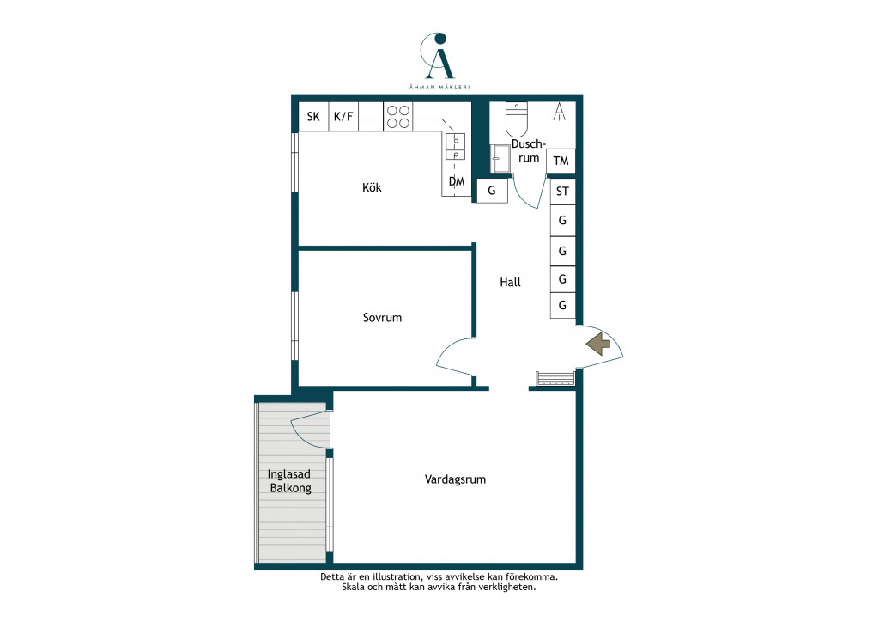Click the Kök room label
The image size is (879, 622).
pyautogui.click(x=372, y=187)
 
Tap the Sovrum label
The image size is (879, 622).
pyautogui.click(x=382, y=318)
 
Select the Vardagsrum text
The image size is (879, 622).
pyautogui.click(x=455, y=479)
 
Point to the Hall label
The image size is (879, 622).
pyautogui.click(x=510, y=282)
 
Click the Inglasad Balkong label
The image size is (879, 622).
pyautogui.click(x=289, y=481)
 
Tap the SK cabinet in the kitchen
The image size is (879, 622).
pyautogui.click(x=313, y=117)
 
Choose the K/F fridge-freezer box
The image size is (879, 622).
pyautogui.click(x=343, y=117)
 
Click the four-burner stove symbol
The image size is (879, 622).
pyautogui.click(x=398, y=117)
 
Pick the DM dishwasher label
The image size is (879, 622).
pyautogui.click(x=457, y=181)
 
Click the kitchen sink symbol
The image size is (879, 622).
pyautogui.click(x=455, y=146)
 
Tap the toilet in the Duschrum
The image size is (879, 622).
pyautogui.click(x=516, y=119)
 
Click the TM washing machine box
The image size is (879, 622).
pyautogui.click(x=561, y=162)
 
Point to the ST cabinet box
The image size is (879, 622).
pyautogui.click(x=562, y=192)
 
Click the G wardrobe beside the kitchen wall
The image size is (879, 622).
pyautogui.click(x=492, y=191)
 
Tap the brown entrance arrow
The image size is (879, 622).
pyautogui.click(x=598, y=344)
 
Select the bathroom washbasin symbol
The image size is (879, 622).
pyautogui.click(x=500, y=159)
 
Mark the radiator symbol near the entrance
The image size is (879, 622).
pyautogui.click(x=555, y=379)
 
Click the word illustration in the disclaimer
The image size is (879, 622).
pyautogui.click(x=395, y=576)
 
